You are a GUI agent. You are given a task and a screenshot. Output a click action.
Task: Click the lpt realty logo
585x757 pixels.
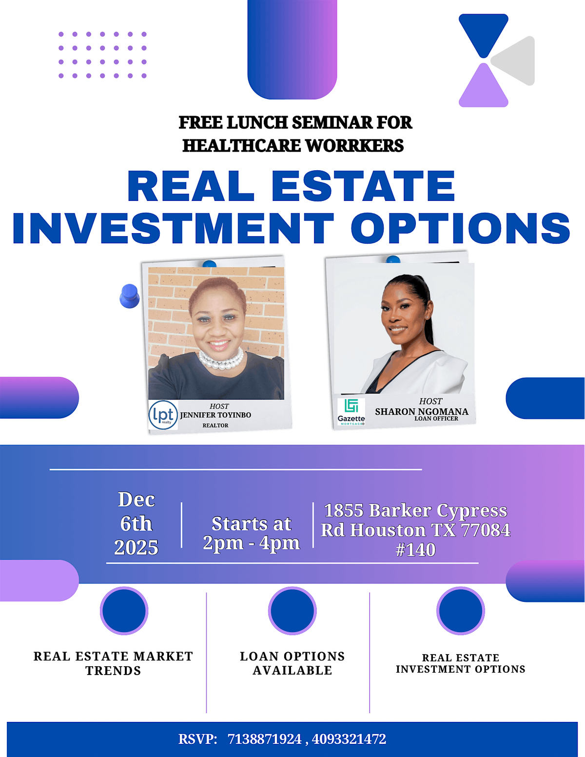click(163, 415)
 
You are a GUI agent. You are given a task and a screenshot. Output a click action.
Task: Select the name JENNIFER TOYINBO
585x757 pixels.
click(215, 415)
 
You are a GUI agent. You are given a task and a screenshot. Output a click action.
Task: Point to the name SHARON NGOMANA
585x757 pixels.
click(421, 411)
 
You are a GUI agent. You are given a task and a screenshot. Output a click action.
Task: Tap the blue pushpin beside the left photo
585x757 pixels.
click(129, 296)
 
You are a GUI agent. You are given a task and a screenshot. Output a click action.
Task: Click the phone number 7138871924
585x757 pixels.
click(265, 739)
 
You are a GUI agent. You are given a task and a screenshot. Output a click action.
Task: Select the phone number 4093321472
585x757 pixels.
click(349, 739)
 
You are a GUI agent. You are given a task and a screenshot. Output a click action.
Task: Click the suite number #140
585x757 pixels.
click(415, 550)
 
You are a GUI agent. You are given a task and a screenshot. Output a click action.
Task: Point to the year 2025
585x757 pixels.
click(136, 548)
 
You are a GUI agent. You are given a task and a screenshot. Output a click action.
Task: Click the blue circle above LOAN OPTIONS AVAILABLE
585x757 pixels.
click(292, 611)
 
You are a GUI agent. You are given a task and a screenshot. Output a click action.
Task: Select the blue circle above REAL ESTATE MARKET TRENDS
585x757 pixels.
click(124, 611)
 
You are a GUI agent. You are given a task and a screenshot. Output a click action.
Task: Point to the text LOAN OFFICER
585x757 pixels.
click(436, 418)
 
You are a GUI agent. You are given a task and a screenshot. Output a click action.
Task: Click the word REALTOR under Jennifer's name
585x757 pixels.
click(215, 425)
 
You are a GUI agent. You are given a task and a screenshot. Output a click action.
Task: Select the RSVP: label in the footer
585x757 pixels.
click(198, 739)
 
